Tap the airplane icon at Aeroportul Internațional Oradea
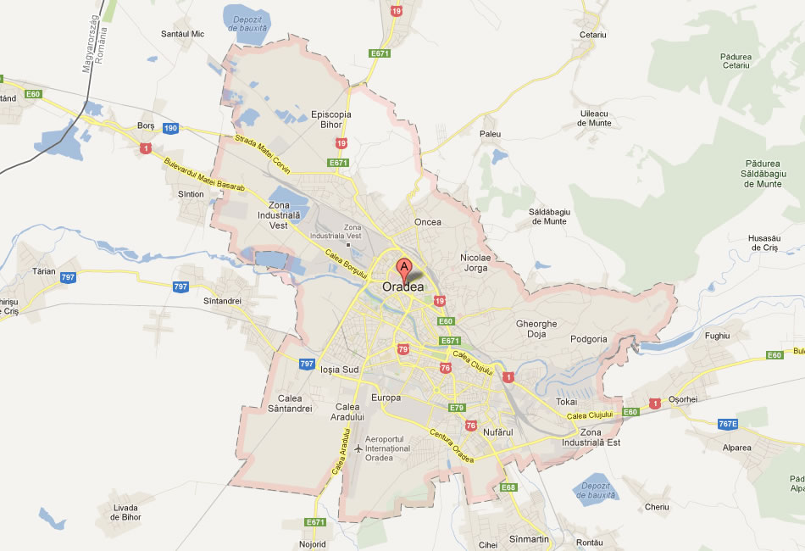tap(358, 448)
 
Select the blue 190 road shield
tap(170, 128)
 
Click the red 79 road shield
tap(403, 349)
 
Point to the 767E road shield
tap(728, 424)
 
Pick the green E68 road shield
tap(508, 487)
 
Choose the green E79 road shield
tap(458, 408)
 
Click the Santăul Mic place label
tap(183, 35)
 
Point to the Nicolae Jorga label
tap(475, 263)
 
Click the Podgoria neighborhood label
tap(589, 339)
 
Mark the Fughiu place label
tap(717, 337)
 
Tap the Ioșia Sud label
tap(341, 370)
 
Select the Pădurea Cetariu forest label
tap(736, 60)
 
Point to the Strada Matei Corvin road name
tap(263, 154)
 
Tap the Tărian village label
tap(43, 272)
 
